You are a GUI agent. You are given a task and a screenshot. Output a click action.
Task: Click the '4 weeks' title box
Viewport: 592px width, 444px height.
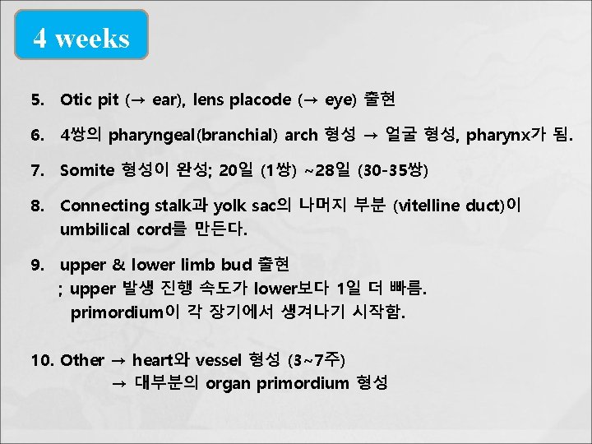point(81,37)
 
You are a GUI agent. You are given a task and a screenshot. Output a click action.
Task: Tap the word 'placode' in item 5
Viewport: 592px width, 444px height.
point(261,100)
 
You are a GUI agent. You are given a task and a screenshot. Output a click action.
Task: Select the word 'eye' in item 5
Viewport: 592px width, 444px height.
point(338,100)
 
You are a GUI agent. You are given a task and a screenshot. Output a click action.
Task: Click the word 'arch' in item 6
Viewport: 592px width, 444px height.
point(302,135)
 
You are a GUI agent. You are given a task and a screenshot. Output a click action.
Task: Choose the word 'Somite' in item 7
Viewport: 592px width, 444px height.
point(87,170)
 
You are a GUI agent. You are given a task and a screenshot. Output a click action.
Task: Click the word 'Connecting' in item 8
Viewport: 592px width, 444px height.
point(104,206)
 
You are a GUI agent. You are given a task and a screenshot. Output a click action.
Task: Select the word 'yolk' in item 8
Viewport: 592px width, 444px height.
point(230,206)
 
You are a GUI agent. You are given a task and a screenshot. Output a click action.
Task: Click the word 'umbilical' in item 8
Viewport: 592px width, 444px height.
point(95,228)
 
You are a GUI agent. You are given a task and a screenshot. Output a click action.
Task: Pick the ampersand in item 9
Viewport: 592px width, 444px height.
point(118,266)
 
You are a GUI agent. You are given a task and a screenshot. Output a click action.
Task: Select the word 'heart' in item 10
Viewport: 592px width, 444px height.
point(150,360)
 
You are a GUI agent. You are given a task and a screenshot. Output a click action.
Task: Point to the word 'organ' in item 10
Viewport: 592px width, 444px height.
point(229,383)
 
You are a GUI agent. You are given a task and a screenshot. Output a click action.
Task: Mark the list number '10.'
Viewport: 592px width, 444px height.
point(43,360)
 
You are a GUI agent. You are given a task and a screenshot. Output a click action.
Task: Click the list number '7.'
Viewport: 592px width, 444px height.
point(38,170)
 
